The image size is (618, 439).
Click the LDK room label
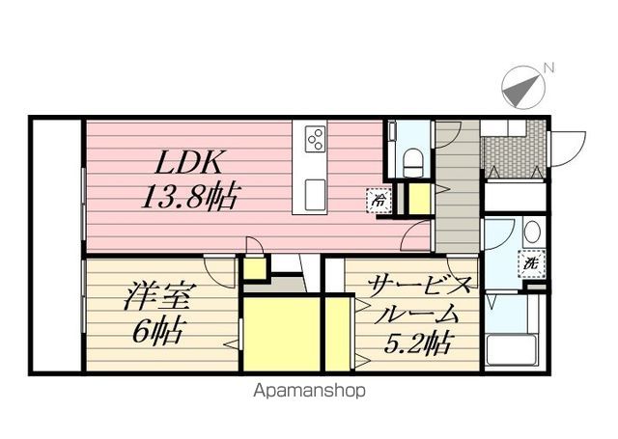pyautogui.click(x=187, y=162)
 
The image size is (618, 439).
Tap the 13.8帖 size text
pyautogui.click(x=190, y=196)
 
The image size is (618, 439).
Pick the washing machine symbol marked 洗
pyautogui.click(x=532, y=263)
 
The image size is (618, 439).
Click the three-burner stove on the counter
pyautogui.click(x=316, y=139)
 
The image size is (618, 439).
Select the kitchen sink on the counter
pyautogui.click(x=316, y=195)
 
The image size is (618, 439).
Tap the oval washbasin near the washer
pyautogui.click(x=532, y=232)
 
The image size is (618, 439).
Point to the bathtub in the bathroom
pyautogui.click(x=512, y=350)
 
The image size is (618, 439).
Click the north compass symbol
pyautogui.click(x=523, y=88)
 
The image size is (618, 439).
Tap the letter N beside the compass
pyautogui.click(x=548, y=69)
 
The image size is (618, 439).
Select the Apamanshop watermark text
pyautogui.click(x=309, y=391)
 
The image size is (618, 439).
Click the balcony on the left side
pyautogui.click(x=57, y=245)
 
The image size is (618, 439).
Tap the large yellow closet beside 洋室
pyautogui.click(x=282, y=334)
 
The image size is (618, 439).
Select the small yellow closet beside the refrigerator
pyautogui.click(x=419, y=199)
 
